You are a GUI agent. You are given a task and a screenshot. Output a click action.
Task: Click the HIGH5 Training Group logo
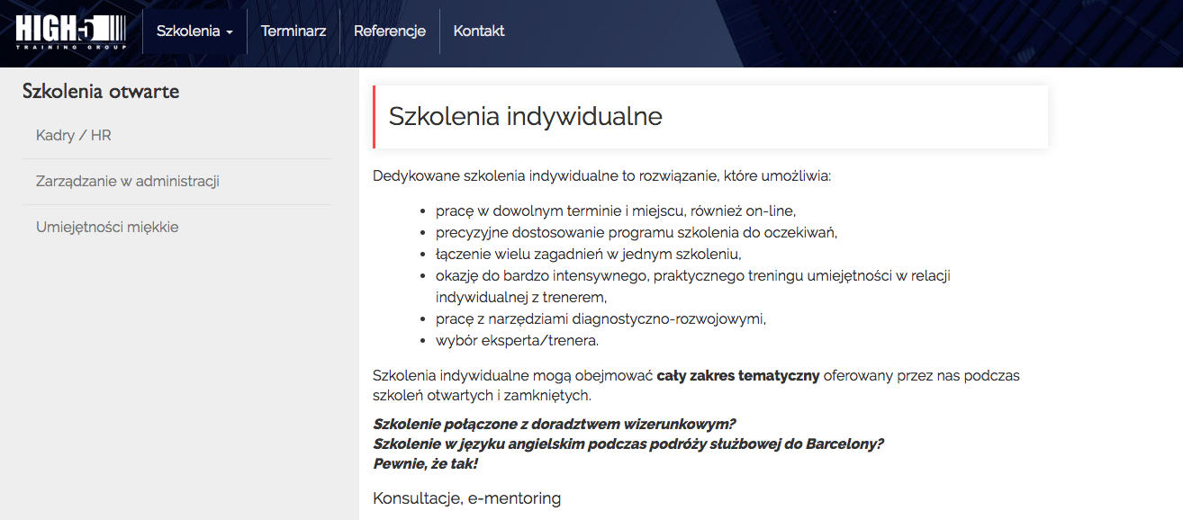coord(71,31)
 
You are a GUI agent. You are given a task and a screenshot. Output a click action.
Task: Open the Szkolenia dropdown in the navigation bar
coord(194,31)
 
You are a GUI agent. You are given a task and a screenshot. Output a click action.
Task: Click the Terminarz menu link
coord(293,31)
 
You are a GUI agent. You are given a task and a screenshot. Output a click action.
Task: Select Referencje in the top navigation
coord(389,31)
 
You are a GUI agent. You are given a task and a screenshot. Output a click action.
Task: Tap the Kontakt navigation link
coord(478,31)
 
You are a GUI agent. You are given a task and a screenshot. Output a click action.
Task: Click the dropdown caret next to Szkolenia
coord(230,32)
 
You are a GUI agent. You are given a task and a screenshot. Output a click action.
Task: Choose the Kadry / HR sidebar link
coord(74,136)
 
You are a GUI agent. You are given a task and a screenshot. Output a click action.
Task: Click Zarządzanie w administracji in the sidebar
coord(127,181)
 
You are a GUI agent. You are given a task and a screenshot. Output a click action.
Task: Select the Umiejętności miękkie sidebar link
coord(107,227)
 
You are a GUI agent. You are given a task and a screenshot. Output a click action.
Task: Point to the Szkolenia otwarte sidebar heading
coord(100,92)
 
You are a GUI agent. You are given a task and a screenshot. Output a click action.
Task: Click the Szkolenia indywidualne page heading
coord(525,117)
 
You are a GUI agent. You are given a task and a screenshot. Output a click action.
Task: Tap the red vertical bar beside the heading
coord(374,117)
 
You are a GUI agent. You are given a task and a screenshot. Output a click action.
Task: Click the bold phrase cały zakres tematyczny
coord(737,376)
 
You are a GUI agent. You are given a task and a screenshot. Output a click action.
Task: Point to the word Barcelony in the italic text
coord(844,444)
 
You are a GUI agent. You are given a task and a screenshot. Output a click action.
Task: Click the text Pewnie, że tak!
coord(425,464)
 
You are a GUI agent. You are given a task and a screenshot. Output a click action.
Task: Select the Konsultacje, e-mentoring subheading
coord(466,498)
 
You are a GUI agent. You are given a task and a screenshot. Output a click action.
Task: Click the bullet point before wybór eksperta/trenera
coord(422,341)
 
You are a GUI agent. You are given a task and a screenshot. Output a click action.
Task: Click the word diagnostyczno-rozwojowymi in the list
coord(669,319)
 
